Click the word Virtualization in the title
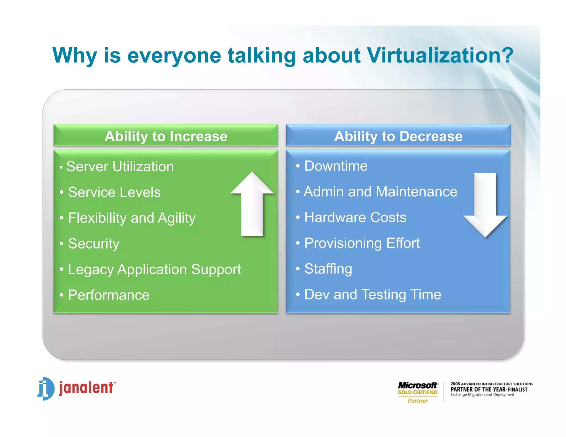click(x=439, y=55)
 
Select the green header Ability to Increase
click(x=166, y=136)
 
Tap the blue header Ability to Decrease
click(x=398, y=136)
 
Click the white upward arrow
click(x=252, y=204)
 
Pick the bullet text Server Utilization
click(x=120, y=167)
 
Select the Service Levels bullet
click(x=114, y=192)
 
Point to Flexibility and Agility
click(x=132, y=218)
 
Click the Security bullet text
click(x=94, y=244)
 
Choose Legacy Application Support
click(x=154, y=269)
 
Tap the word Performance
click(x=109, y=295)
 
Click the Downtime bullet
click(x=336, y=166)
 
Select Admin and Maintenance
click(x=380, y=192)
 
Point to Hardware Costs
click(x=355, y=217)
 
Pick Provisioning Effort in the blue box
click(x=362, y=243)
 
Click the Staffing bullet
click(x=328, y=269)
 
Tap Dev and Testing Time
click(x=373, y=294)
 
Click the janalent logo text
click(x=86, y=388)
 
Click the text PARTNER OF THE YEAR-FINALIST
click(x=489, y=389)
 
